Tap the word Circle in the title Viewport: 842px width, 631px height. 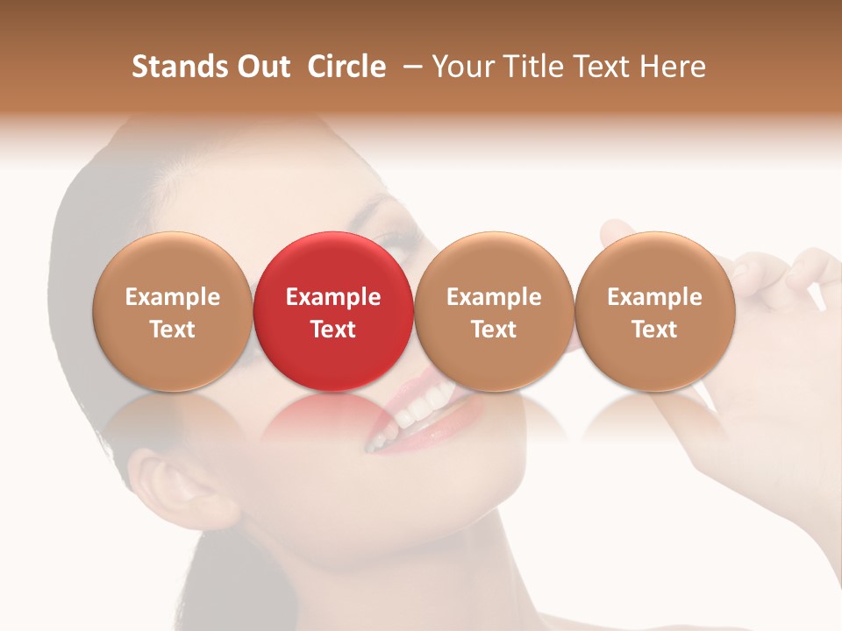346,67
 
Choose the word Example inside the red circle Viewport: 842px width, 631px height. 333,297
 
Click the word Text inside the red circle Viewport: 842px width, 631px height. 333,330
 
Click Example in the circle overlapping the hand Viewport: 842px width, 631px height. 655,297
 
